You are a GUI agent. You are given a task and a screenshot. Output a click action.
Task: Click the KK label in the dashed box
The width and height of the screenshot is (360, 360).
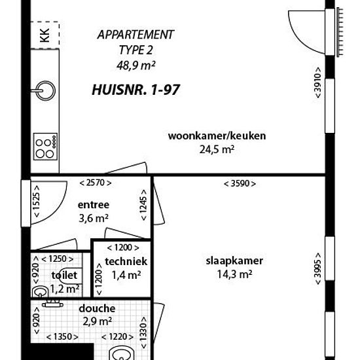tap(45, 35)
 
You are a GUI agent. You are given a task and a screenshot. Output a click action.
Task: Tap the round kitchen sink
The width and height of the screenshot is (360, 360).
tap(46, 90)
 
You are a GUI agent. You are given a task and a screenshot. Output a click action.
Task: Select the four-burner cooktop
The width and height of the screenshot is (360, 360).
tap(45, 147)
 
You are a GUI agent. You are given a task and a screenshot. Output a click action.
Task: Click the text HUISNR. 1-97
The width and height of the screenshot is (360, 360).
tap(135, 90)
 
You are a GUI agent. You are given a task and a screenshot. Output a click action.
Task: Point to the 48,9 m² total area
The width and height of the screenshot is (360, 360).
tap(136, 65)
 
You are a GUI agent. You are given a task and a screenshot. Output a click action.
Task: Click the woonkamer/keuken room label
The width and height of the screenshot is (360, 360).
tap(217, 136)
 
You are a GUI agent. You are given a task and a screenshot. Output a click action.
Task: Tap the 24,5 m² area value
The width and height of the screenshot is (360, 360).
tap(217, 150)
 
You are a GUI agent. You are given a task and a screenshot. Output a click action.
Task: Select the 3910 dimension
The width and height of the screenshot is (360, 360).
tap(317, 82)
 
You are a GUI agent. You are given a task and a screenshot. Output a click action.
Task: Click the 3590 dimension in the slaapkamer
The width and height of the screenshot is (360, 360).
tap(240, 183)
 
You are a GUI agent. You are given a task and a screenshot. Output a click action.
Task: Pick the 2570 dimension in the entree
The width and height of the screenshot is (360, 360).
tap(96, 183)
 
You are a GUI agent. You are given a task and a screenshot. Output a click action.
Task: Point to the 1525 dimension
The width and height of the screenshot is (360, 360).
tap(37, 202)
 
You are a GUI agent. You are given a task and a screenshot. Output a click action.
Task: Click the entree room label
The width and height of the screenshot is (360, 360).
tap(94, 205)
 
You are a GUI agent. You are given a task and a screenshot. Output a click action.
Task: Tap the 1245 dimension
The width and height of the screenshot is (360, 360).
tap(143, 205)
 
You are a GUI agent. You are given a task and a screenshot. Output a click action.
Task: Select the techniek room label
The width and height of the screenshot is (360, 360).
tap(126, 262)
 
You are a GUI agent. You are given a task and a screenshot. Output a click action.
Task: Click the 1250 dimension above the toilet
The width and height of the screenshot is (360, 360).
tap(58, 259)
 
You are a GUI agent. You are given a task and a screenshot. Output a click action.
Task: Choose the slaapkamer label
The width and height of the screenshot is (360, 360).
tap(234, 261)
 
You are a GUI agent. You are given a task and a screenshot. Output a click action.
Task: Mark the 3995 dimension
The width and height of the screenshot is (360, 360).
tap(317, 268)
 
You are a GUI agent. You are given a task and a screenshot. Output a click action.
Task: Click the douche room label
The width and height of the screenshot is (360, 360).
tap(97, 308)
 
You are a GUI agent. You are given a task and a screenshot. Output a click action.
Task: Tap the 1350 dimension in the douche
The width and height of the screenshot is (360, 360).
tap(62, 337)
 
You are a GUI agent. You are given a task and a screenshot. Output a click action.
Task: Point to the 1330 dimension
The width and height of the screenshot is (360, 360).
tap(143, 333)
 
